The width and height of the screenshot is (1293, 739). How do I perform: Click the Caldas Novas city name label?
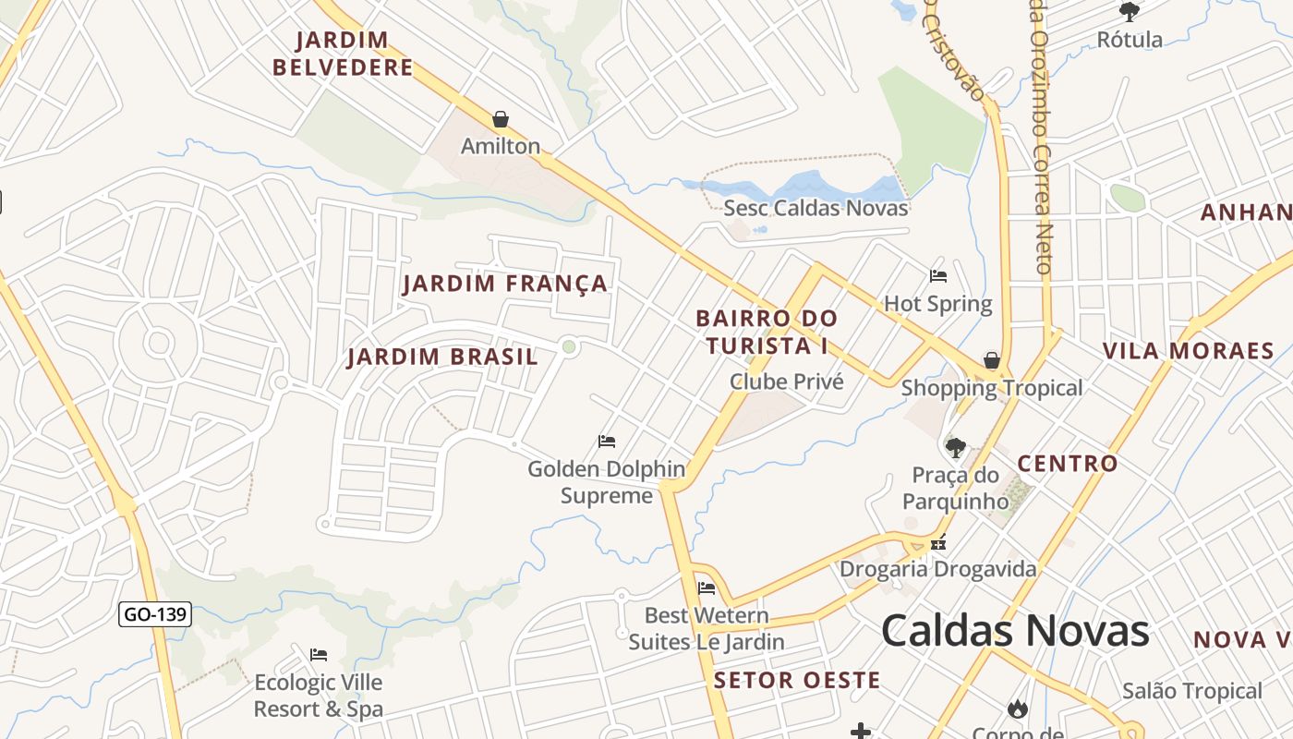coord(1015,631)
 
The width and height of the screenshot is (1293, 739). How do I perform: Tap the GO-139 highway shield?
coord(155,614)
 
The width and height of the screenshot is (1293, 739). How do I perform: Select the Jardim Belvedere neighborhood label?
coord(343,54)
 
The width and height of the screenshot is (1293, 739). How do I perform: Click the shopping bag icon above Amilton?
coord(501,119)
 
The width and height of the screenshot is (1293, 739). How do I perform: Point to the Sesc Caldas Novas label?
coord(816,208)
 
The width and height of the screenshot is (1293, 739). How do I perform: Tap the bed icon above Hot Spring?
coord(938,276)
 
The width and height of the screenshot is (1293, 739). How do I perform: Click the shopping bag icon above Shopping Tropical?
coord(992,360)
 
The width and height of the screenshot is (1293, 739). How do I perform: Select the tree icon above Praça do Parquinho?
coord(955,448)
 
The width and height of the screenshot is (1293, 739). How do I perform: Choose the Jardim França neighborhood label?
coord(505,284)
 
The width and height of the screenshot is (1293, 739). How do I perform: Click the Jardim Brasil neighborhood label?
coord(442,357)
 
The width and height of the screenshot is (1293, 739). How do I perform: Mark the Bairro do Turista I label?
coord(766,332)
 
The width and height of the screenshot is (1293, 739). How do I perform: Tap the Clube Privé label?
coord(786,382)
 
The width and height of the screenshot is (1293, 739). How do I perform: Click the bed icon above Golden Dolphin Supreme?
coord(607,442)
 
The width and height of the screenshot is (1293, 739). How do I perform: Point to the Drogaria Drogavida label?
coord(937,569)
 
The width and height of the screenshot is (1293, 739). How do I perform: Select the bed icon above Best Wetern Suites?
coord(707,588)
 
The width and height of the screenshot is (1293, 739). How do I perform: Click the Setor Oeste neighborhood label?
coord(797,681)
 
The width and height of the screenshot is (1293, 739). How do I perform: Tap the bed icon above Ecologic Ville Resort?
coord(319,655)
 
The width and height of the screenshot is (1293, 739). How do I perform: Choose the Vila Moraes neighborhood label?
coord(1188,351)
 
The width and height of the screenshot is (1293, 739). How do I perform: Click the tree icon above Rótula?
coord(1129,12)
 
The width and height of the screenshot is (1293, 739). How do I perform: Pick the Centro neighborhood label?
coord(1067,464)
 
